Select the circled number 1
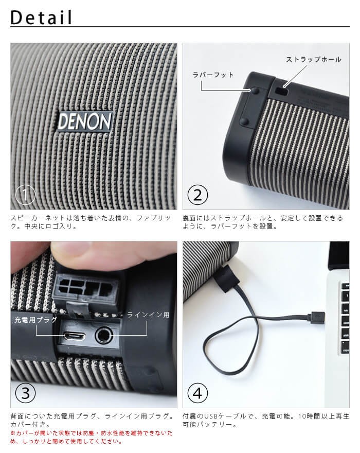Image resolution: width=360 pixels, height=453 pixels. pos(25,195)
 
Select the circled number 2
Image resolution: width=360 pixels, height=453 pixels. pos(198,195)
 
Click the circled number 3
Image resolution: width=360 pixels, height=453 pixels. pos(25,393)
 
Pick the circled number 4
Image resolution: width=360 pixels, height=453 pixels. pos(198,393)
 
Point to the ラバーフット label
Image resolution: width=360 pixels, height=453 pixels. pos(213,75)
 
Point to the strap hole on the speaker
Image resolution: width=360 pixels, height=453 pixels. pos(281,91)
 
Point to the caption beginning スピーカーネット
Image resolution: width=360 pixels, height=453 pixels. pos(90,222)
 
